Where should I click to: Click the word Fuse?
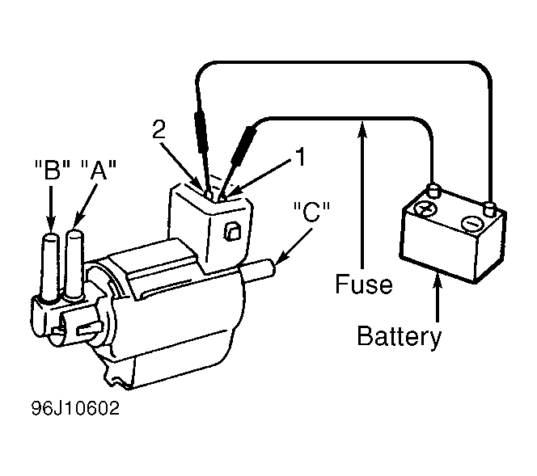[364, 284]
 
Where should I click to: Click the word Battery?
[400, 337]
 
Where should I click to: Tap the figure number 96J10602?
[76, 408]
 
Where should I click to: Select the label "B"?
[53, 170]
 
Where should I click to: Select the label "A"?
[99, 170]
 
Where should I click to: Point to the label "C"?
[311, 212]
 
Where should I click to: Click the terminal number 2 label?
[159, 129]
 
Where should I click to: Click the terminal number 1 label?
[300, 157]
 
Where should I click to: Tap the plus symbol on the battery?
[425, 209]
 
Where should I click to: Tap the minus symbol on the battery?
[473, 223]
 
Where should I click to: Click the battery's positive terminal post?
[433, 190]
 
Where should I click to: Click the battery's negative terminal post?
[489, 209]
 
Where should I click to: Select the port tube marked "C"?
[259, 271]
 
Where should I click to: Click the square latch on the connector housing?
[233, 232]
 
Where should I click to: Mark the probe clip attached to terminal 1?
[244, 145]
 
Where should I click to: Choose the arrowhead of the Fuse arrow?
[362, 129]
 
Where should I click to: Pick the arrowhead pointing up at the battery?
[437, 282]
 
